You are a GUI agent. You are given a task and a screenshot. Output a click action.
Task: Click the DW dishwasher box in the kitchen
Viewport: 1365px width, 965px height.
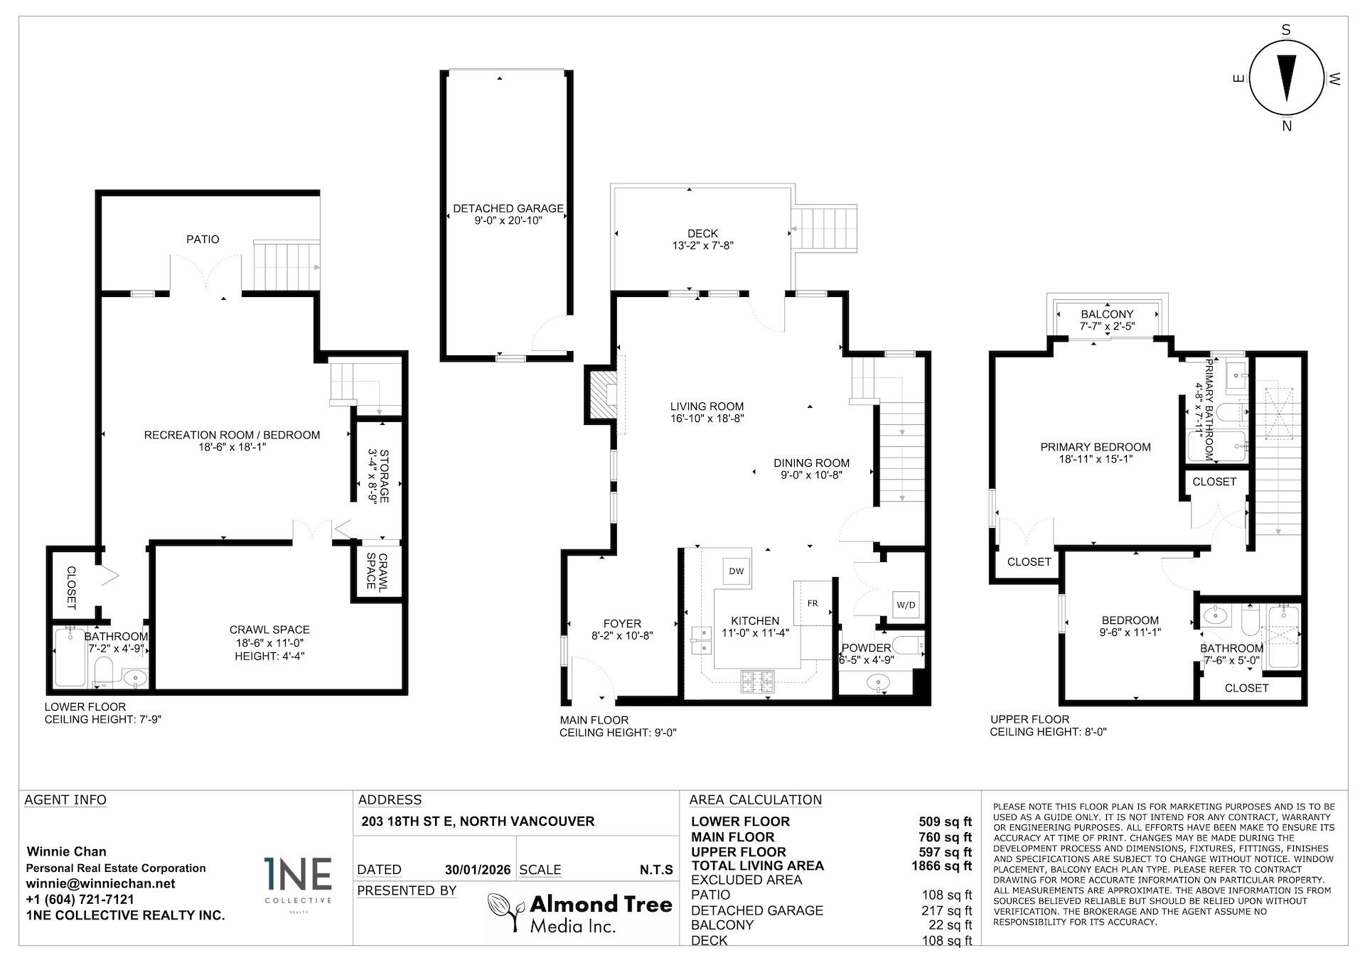737,571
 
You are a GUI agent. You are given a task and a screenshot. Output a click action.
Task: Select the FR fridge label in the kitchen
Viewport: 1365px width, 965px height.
813,603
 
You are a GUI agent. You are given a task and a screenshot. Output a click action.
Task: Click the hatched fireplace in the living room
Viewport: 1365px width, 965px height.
602,395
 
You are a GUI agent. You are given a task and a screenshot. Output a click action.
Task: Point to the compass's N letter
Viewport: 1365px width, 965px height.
1286,126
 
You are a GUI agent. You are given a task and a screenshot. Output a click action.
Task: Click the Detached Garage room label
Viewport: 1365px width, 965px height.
508,208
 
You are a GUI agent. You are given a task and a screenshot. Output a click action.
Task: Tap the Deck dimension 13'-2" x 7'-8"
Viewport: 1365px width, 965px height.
702,246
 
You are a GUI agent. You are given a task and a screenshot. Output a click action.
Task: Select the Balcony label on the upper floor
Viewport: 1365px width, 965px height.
1107,314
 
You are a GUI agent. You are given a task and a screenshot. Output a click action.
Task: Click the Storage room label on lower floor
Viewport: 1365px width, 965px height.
384,475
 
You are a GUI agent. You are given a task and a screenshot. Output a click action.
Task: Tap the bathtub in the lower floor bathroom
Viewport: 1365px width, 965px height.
70,657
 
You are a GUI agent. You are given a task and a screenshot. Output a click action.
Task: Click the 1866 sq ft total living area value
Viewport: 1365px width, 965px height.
941,866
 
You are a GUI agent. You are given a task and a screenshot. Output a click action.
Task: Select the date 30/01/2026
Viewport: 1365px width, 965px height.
477,870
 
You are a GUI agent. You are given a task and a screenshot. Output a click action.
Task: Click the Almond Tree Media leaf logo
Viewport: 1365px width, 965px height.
505,912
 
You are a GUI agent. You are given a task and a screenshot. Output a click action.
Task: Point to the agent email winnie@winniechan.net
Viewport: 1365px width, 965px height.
100,884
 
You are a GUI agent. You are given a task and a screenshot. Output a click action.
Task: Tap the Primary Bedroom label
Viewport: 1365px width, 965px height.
1095,447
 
